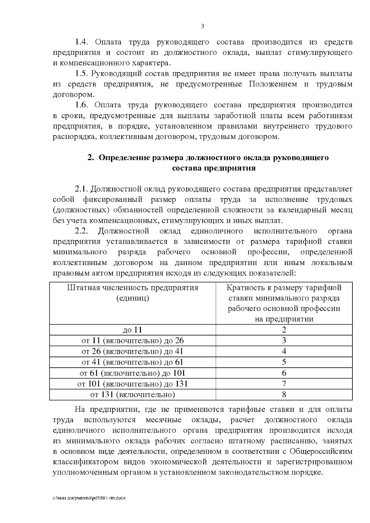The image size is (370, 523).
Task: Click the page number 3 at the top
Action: click(x=202, y=26)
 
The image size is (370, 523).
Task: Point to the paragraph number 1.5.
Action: click(x=82, y=74)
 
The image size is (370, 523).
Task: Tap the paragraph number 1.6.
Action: click(x=82, y=105)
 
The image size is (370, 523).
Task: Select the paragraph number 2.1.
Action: click(x=82, y=189)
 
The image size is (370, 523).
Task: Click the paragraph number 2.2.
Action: click(x=82, y=231)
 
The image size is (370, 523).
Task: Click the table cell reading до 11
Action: click(x=133, y=330)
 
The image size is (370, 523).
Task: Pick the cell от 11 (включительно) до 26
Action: click(x=133, y=341)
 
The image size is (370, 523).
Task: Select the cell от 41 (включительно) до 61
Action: click(x=133, y=362)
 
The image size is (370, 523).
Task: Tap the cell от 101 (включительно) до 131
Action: click(x=133, y=384)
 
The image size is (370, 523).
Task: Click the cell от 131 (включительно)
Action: click(x=133, y=394)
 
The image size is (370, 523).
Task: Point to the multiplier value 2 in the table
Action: click(x=284, y=330)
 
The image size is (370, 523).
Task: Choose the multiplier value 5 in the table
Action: click(x=284, y=362)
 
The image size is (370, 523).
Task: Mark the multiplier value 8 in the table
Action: click(x=284, y=394)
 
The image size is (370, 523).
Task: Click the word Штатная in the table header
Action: click(x=82, y=288)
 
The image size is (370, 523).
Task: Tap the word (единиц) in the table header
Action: click(x=133, y=298)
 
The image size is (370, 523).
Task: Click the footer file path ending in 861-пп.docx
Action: click(x=90, y=498)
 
